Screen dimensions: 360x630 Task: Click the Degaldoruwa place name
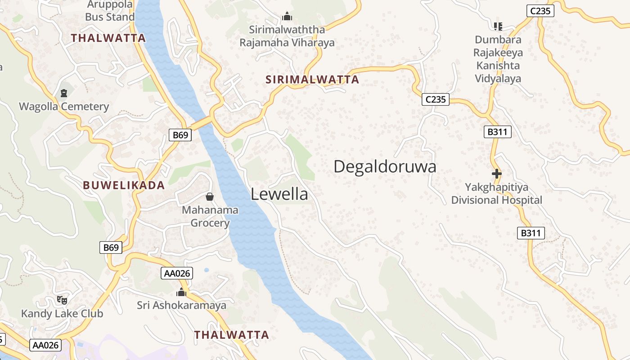385,167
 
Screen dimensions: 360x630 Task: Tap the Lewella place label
279,194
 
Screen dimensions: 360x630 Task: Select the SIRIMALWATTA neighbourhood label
312,80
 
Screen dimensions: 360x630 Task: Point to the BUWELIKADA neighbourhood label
124,185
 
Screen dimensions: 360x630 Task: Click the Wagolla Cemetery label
64,107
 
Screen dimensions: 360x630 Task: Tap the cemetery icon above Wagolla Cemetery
64,94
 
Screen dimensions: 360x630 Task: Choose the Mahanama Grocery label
210,216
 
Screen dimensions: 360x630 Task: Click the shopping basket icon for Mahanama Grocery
210,197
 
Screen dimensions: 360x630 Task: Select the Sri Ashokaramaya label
181,305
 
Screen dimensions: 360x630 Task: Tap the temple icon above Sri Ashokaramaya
181,292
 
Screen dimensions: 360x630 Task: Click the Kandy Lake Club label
62,313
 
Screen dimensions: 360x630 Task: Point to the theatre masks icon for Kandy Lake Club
62,300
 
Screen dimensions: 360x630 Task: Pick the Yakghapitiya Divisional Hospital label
497,193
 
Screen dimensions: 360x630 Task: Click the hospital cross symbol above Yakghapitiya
497,174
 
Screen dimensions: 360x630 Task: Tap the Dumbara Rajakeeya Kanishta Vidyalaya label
498,59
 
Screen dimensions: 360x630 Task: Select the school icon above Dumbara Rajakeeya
498,27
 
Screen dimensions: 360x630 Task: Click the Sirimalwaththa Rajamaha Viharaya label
287,36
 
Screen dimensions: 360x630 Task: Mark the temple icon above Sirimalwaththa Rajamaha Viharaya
287,17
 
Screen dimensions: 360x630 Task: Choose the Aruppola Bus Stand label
110,11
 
